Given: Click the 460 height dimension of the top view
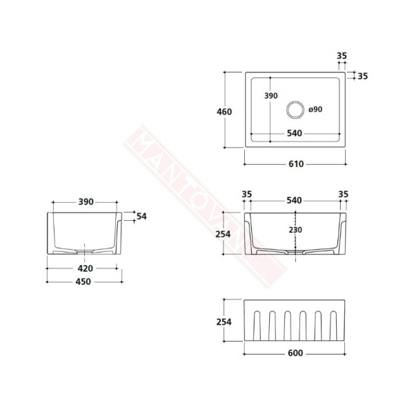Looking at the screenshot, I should [224, 112].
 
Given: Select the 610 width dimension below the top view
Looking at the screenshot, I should [296, 164].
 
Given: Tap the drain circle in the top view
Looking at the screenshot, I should [295, 108].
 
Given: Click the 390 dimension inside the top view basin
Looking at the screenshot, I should [270, 96].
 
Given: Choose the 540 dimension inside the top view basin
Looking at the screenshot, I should [294, 133].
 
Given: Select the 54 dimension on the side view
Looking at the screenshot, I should [142, 216].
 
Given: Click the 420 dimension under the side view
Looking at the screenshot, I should [85, 268].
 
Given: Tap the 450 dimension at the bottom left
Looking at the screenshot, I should [85, 281].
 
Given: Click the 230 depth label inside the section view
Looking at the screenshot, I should [296, 230].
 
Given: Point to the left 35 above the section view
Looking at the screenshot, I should [246, 195].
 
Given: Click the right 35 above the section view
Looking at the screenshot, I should [343, 195].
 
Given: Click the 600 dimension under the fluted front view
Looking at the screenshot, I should [295, 354].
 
